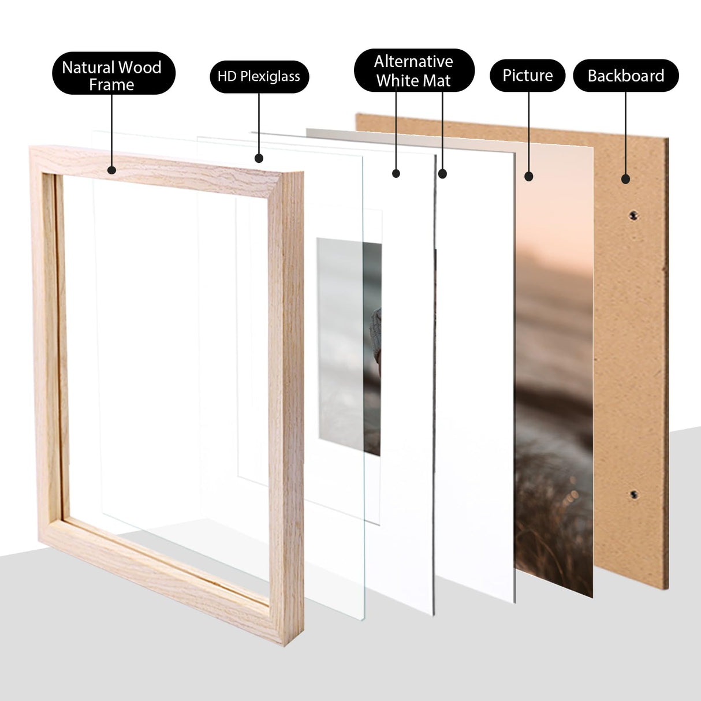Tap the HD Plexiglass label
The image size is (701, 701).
pos(259,76)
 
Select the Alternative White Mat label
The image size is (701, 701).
pos(413,70)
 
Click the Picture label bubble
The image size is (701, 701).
pos(527,76)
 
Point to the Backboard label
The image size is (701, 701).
pos(625,76)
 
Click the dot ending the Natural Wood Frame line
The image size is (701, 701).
pos(111,170)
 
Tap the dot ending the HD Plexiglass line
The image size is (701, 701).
pos(259,158)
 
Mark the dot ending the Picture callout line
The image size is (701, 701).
pos(528,177)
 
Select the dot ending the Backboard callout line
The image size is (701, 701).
pos(625,179)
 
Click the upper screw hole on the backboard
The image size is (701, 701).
pos(633,215)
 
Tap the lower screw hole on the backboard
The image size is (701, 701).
pos(633,495)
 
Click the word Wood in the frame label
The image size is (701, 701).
pos(139,68)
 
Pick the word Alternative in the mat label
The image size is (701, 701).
pos(413,61)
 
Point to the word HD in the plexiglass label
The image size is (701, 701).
pos(227,76)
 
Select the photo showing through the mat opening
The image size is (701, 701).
pos(349,346)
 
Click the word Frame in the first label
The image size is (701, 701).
pos(111,85)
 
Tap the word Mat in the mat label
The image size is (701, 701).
pos(437,81)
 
